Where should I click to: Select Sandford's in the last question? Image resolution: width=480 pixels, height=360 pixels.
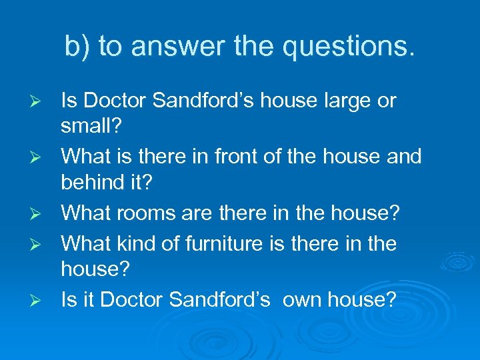tap(220, 300)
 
